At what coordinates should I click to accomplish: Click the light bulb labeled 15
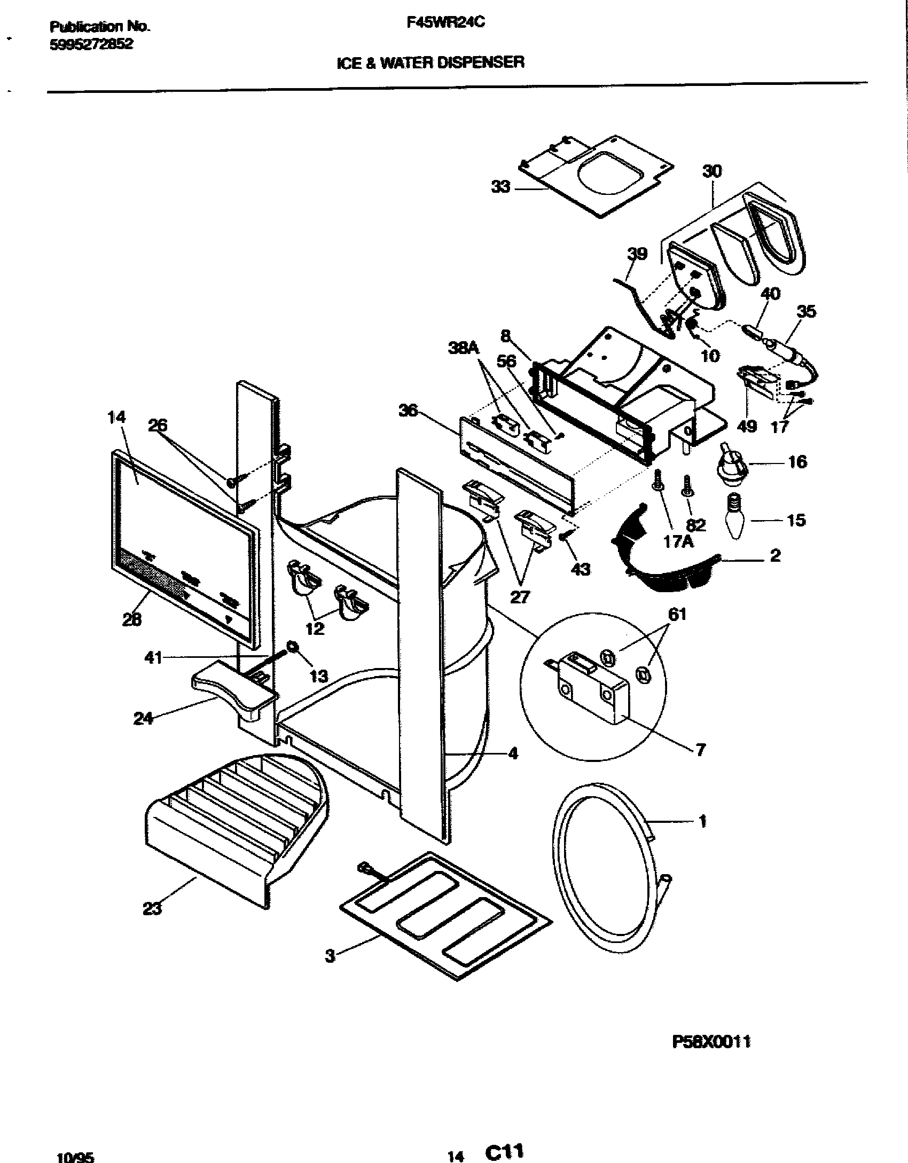point(738,516)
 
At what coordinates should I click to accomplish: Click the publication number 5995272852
point(91,45)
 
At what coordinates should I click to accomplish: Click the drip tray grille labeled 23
point(235,822)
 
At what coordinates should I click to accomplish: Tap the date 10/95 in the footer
point(75,1156)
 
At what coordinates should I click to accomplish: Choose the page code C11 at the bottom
point(504,1152)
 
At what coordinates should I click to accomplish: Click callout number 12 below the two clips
point(315,628)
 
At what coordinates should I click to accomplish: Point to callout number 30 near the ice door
point(711,171)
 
